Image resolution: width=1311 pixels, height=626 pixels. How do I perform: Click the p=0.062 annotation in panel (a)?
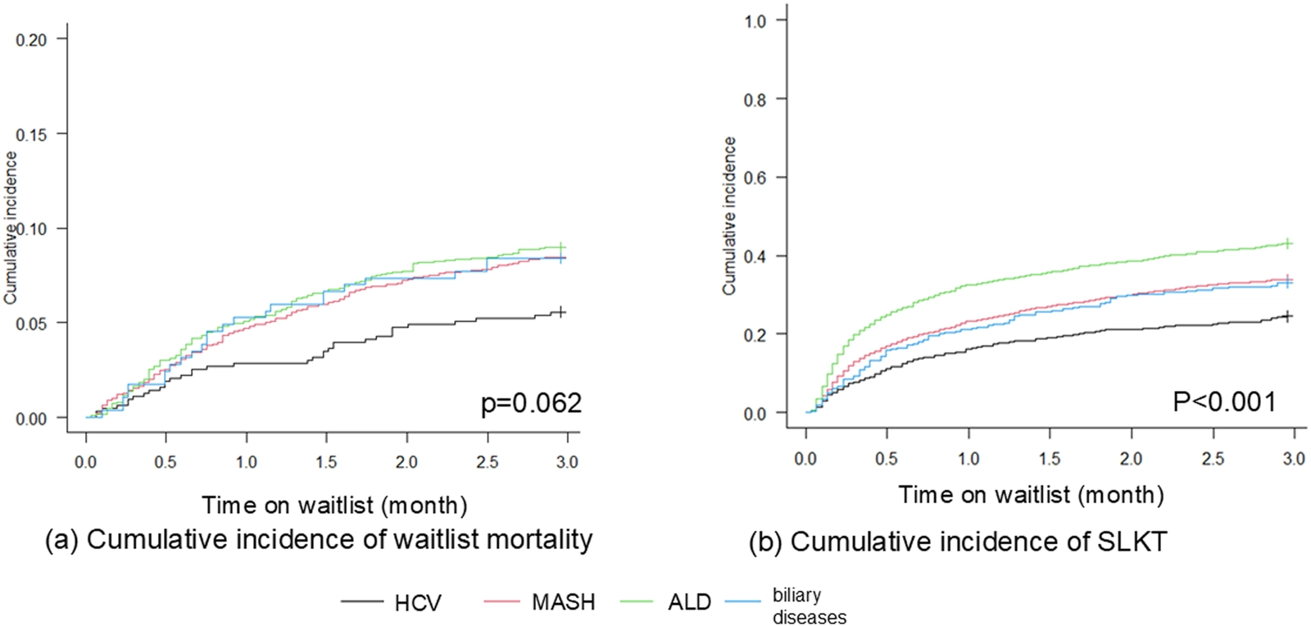(531, 403)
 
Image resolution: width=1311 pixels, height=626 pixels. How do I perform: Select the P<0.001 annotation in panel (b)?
(1224, 401)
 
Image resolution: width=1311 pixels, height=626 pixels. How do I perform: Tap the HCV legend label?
(417, 603)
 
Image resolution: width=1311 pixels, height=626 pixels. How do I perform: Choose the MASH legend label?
(563, 602)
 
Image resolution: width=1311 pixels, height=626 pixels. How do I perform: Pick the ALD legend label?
(689, 602)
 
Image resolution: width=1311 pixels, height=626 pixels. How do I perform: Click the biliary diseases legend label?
(809, 606)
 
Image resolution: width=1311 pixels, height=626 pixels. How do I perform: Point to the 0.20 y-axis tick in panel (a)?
(31, 39)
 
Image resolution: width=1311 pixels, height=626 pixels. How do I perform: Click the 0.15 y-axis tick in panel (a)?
(31, 134)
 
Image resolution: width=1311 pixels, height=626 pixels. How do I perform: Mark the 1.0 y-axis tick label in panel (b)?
(755, 20)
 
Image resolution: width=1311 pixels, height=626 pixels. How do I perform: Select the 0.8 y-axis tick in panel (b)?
(755, 99)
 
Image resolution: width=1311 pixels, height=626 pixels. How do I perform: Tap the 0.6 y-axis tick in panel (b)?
(755, 178)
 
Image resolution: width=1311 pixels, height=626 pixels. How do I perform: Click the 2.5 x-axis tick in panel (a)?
(487, 462)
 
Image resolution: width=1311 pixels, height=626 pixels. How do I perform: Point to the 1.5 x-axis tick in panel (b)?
(1050, 459)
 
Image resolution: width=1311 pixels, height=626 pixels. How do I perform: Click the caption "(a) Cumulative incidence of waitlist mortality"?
(318, 539)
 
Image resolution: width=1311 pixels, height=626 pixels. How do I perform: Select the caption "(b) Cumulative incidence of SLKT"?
(957, 542)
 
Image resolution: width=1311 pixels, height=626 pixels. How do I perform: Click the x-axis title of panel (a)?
(334, 505)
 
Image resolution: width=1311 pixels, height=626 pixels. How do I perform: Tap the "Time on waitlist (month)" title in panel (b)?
(1031, 495)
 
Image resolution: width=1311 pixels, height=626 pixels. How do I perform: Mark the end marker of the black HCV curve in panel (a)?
(560, 311)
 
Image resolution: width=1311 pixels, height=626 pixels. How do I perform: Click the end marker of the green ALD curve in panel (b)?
(1287, 243)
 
